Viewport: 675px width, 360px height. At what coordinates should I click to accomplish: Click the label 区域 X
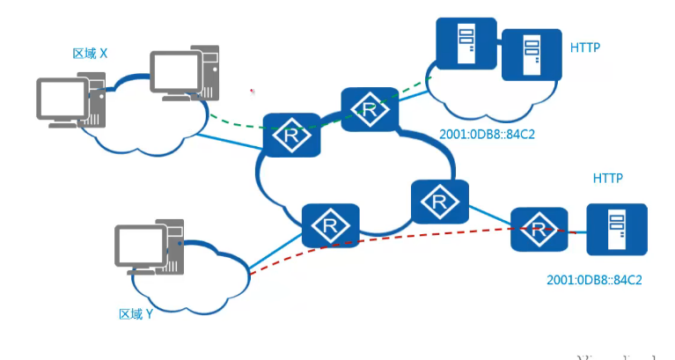(x=89, y=54)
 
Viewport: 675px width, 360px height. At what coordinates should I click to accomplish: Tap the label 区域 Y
(x=136, y=312)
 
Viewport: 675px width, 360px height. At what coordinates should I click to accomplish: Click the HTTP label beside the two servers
(x=585, y=47)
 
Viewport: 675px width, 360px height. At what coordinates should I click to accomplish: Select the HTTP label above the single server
(x=607, y=178)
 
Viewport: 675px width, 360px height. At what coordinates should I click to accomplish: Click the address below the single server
(x=594, y=281)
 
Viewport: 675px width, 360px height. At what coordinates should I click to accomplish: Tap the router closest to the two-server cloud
(x=370, y=109)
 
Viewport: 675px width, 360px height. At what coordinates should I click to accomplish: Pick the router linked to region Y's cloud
(x=330, y=225)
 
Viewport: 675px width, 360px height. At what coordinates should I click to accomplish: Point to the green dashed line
(x=238, y=124)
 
